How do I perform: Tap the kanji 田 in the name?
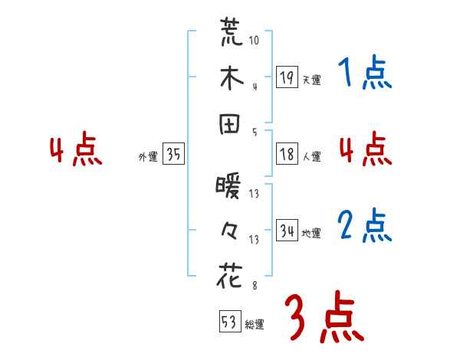[230, 126]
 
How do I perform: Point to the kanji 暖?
[229, 185]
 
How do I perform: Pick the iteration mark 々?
[230, 231]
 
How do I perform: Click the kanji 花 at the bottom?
[230, 277]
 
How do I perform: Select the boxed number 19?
[287, 77]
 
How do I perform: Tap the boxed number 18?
[287, 155]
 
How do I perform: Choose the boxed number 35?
[173, 155]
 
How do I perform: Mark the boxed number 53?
[229, 322]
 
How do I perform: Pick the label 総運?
[255, 324]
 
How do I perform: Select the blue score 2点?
[364, 226]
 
